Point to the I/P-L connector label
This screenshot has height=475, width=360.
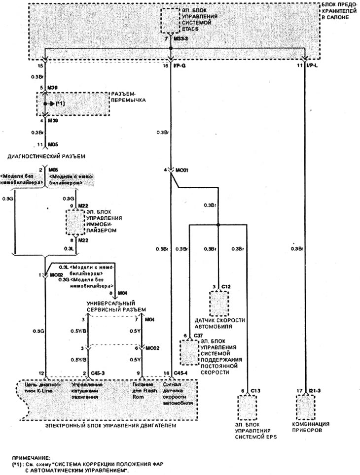[x=311, y=65]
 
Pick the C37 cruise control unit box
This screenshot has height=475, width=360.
[x=187, y=352]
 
